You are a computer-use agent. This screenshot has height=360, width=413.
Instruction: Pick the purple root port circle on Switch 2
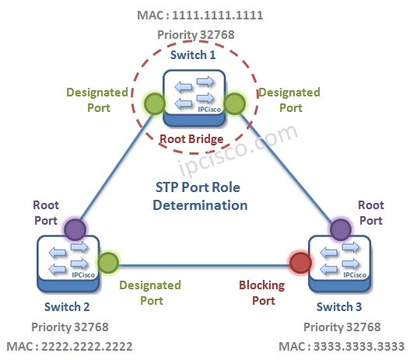pyautogui.click(x=75, y=229)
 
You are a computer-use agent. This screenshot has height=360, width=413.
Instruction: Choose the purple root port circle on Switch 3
pyautogui.click(x=339, y=229)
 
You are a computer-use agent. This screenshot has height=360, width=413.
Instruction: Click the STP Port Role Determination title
pyautogui.click(x=200, y=197)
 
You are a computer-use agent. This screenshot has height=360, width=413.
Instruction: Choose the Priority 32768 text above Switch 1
pyautogui.click(x=194, y=35)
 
